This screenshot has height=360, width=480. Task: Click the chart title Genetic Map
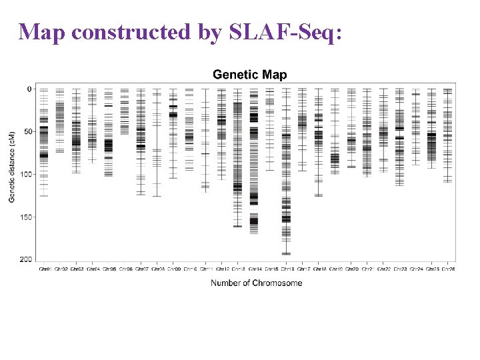[249, 75]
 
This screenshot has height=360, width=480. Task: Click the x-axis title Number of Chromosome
[256, 283]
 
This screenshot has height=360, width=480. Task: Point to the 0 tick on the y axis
[29, 89]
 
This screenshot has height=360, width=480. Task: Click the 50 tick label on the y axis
[27, 131]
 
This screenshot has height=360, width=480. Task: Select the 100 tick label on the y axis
[25, 174]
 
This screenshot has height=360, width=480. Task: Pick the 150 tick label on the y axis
[25, 217]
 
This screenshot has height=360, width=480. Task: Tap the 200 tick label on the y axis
[25, 259]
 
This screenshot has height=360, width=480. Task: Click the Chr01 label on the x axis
[44, 269]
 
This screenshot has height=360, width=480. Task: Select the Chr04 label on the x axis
[92, 269]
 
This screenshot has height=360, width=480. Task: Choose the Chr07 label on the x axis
[141, 269]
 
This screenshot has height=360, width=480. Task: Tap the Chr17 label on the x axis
[303, 269]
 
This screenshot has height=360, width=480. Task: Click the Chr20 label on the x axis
[351, 269]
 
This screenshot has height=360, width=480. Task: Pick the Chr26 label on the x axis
[448, 269]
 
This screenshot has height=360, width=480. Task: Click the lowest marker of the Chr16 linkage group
[286, 253]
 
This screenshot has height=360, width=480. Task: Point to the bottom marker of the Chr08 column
[157, 196]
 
